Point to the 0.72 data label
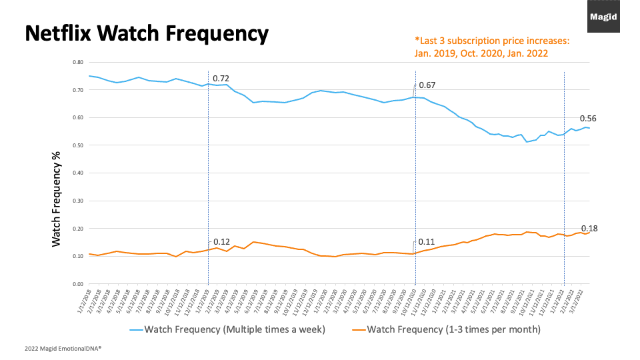(x=221, y=79)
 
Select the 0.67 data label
(x=427, y=85)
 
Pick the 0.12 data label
(x=221, y=242)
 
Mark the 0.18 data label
(x=589, y=228)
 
